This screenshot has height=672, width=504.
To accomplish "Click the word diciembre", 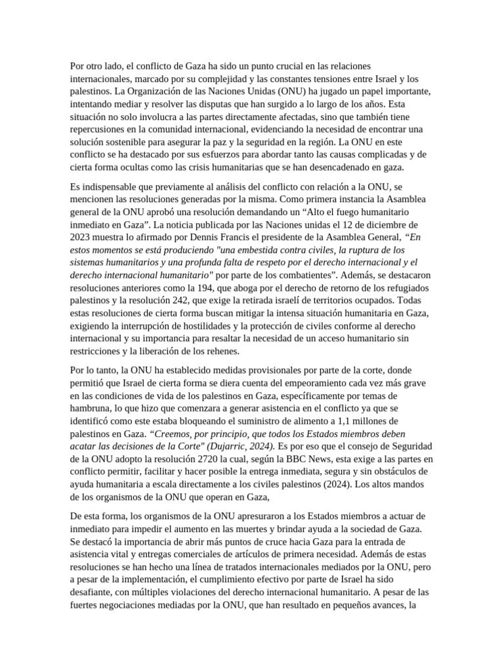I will pyautogui.click(x=375, y=225).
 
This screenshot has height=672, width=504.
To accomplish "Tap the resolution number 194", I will pyautogui.click(x=216, y=287).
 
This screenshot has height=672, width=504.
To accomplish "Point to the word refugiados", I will pyautogui.click(x=402, y=287).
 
